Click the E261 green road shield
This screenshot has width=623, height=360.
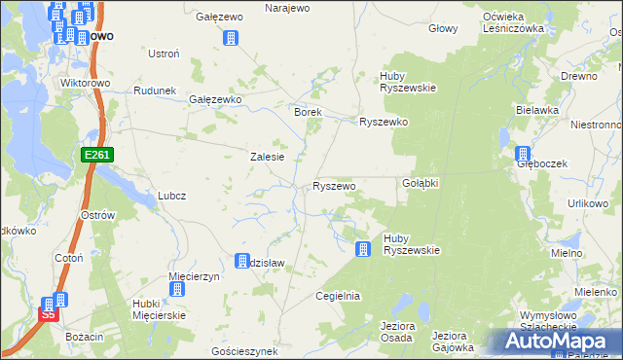coord(98,155)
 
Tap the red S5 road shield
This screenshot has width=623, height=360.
coord(48,314)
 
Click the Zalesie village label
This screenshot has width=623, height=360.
coord(268,157)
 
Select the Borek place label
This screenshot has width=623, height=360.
coord(308,112)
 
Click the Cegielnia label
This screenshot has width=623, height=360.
coord(339,296)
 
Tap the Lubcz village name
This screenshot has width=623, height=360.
coord(171,195)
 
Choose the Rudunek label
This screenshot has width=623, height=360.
coord(155,90)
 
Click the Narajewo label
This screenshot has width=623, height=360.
coord(287,8)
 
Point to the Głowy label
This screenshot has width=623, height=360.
coord(443,28)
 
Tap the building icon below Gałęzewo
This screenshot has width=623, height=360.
coord(231,38)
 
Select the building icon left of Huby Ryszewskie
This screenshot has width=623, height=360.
coord(362,249)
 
